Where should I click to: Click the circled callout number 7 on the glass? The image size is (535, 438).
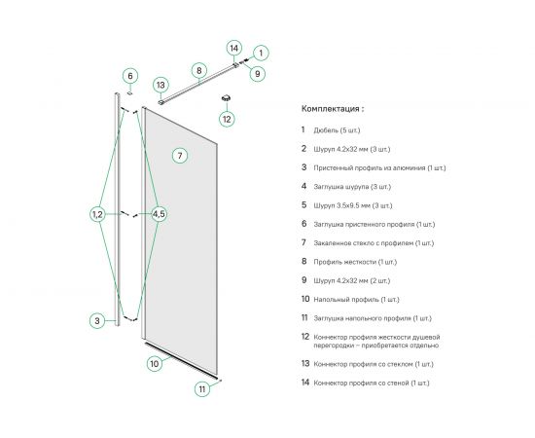click(180, 156)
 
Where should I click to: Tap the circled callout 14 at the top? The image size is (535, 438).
click(234, 48)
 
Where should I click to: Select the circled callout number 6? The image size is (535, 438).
click(130, 76)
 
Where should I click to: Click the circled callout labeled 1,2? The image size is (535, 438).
click(97, 214)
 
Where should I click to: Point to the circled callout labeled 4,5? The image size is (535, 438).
click(159, 214)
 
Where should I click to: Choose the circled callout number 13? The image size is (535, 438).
click(160, 86)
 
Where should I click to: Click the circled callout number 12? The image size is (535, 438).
click(227, 119)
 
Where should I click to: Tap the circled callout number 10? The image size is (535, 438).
click(155, 364)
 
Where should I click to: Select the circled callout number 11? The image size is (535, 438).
click(202, 389)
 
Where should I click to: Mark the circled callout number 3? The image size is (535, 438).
click(97, 321)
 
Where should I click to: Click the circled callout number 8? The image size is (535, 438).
click(199, 71)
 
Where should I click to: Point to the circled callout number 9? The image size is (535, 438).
click(258, 74)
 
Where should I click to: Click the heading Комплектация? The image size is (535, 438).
click(331, 109)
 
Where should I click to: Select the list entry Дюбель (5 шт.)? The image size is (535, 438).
click(337, 130)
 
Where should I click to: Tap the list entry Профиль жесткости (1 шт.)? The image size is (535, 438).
click(355, 262)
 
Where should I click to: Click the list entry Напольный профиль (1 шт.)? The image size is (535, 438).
click(356, 300)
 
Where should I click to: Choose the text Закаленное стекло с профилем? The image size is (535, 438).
click(364, 243)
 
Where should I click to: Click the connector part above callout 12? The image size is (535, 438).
click(226, 98)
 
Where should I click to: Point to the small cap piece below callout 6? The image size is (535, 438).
click(130, 92)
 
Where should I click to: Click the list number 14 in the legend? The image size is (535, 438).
click(305, 383)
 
